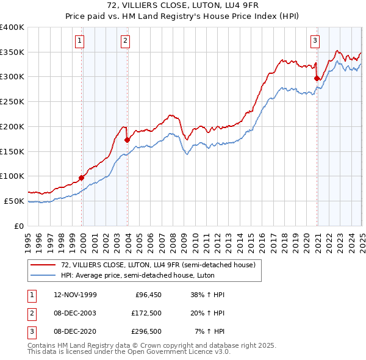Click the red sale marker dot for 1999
click(82, 178)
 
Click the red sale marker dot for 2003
click(127, 140)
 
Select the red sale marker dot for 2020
click(317, 78)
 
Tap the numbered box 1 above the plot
click(80, 41)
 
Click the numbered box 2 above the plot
click(125, 41)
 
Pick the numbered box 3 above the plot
click(315, 41)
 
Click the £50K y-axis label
click(15, 201)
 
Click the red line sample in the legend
click(43, 264)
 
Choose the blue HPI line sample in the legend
click(43, 275)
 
